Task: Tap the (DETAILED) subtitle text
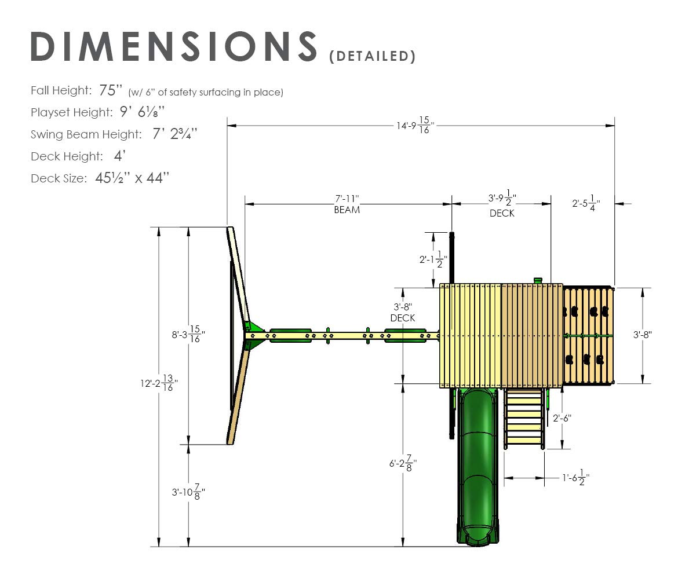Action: coord(372,56)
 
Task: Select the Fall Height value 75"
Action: coord(108,90)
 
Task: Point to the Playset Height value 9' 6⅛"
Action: coord(142,112)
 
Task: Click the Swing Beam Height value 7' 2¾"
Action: coord(174,134)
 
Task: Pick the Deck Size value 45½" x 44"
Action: coord(132,178)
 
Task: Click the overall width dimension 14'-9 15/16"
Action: coord(415,125)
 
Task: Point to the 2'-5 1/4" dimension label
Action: coord(586,203)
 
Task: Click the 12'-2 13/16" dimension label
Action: coord(159,383)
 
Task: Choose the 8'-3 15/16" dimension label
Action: coord(188,334)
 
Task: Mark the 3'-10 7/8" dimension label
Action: coord(188,492)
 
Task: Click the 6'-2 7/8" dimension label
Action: coord(403,463)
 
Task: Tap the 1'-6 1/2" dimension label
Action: coord(576,478)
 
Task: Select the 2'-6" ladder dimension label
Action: coord(562,418)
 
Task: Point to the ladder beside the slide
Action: coord(524,418)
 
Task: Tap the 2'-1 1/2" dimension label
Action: coord(433,259)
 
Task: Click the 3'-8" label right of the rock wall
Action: coord(643,335)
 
